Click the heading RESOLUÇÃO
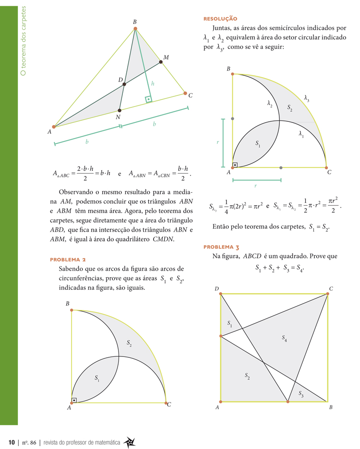click(220, 19)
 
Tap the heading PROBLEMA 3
click(221, 247)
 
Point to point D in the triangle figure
click(124, 84)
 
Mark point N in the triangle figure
click(119, 111)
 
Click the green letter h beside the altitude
click(153, 83)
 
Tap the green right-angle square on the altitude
click(149, 99)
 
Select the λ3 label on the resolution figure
click(306, 99)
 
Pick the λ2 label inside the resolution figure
click(270, 103)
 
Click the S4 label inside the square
click(285, 338)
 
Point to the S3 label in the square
click(301, 394)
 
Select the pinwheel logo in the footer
click(129, 441)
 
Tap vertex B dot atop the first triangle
click(135, 29)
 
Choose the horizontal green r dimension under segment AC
click(256, 180)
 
